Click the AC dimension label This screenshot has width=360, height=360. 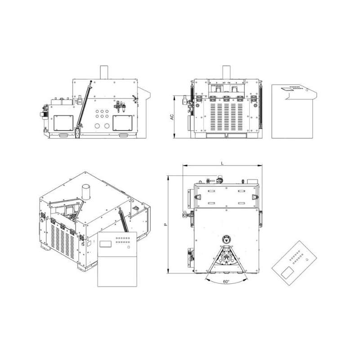(x=172, y=117)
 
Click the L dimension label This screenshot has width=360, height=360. (x=222, y=163)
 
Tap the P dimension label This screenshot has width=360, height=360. (x=166, y=225)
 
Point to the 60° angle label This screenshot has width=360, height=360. (x=226, y=282)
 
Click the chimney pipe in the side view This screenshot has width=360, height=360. (x=104, y=72)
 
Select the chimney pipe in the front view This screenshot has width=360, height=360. (x=226, y=72)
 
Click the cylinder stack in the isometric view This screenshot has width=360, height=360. (x=86, y=192)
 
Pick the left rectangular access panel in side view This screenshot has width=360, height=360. (x=63, y=123)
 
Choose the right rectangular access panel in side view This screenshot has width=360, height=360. (x=122, y=123)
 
